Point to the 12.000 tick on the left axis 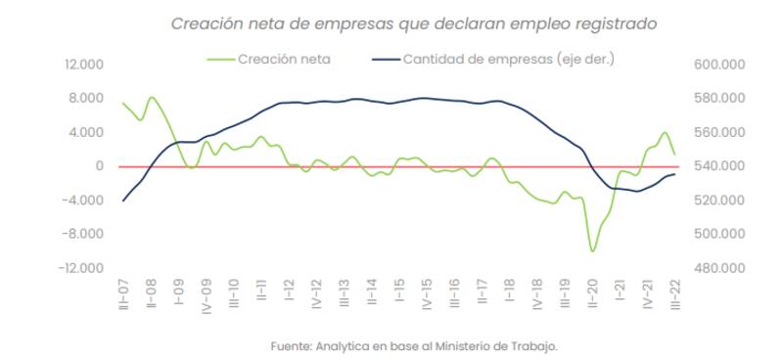coord(83,65)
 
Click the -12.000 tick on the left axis coord(81,268)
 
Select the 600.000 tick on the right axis coord(719,65)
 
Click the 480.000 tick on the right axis coord(719,268)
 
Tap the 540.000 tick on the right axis coord(719,166)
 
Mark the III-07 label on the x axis coord(123,293)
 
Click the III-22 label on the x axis coord(675,293)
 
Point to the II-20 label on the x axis coord(592,293)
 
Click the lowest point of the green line coord(592,251)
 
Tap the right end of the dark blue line coord(675,173)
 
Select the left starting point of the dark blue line coord(123,201)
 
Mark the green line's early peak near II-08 coord(152,98)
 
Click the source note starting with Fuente coord(413,344)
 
